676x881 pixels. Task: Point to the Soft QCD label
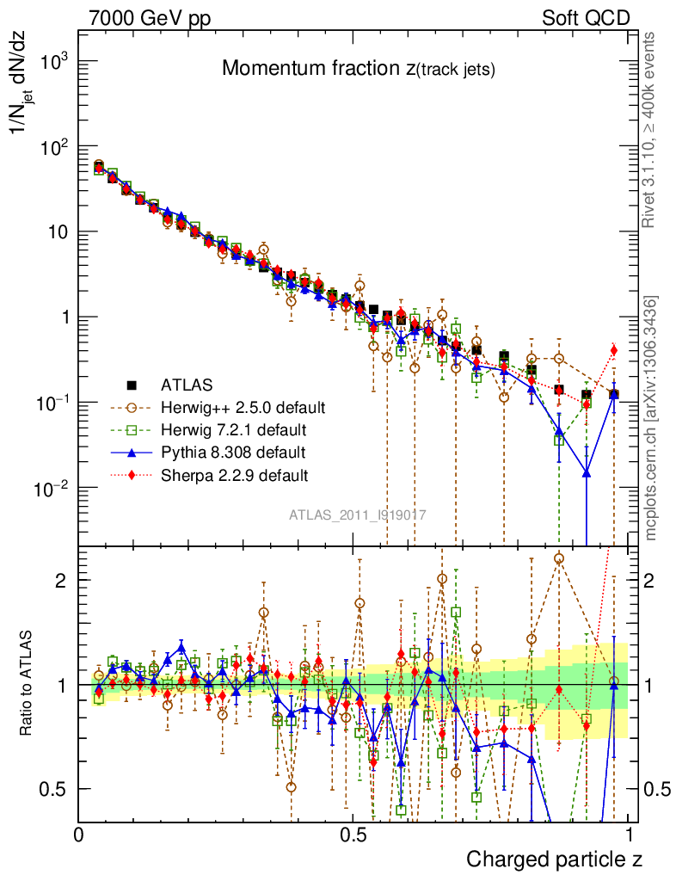tap(586, 18)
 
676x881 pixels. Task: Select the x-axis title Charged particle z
tap(554, 859)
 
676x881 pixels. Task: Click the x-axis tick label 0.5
tap(353, 835)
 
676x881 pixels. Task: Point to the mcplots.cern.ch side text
tap(652, 418)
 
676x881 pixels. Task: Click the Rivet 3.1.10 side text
tap(652, 129)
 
